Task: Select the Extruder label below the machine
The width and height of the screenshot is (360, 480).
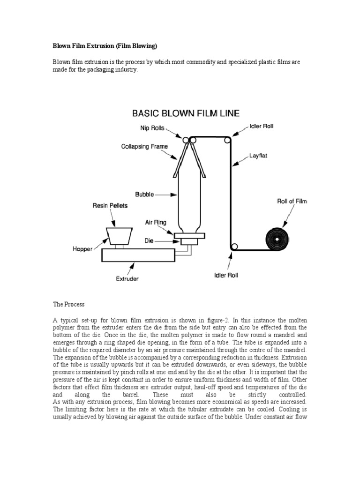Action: click(127, 278)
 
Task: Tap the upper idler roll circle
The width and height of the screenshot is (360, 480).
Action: click(228, 140)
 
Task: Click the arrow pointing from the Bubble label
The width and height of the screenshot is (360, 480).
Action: click(164, 193)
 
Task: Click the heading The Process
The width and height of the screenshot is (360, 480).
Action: click(68, 304)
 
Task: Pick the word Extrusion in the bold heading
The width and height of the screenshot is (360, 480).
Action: click(104, 47)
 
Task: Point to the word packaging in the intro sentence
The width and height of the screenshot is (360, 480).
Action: click(97, 70)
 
